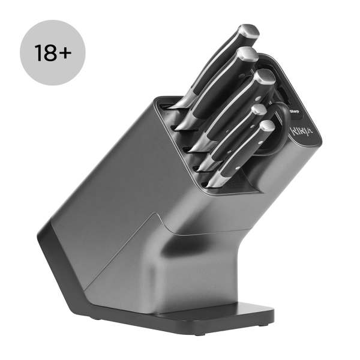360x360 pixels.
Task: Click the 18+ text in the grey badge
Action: point(53,53)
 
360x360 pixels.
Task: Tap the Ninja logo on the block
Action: point(301,131)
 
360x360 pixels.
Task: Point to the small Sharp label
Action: point(295,111)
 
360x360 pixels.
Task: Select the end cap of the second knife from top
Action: point(248,56)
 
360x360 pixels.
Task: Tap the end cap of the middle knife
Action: point(263,78)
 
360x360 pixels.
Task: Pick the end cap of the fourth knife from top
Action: point(258,110)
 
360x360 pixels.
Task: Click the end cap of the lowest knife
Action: point(266,128)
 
